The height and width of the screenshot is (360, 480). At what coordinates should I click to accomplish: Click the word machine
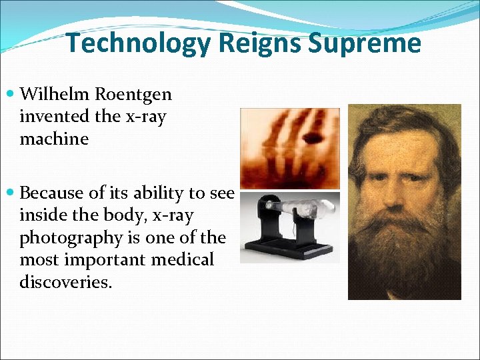point(54,139)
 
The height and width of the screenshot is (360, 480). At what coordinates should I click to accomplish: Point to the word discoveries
point(65,282)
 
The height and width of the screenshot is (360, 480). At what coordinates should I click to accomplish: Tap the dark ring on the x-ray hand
point(311,138)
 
